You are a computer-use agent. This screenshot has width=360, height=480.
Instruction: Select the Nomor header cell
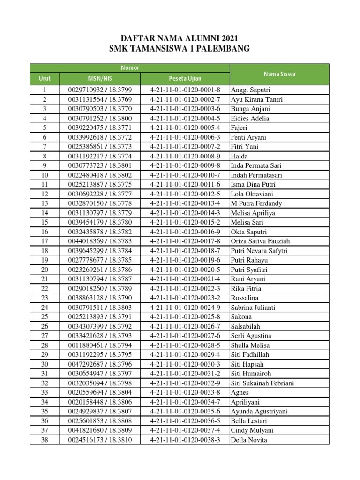(x=129, y=68)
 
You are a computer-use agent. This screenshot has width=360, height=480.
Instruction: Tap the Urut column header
(x=45, y=78)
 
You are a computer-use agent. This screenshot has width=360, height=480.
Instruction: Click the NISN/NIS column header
(x=100, y=78)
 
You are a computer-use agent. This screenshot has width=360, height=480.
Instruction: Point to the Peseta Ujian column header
(x=185, y=78)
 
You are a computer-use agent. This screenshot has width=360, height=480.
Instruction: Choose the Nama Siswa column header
(x=279, y=74)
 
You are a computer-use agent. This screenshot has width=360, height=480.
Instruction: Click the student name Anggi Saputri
(x=251, y=90)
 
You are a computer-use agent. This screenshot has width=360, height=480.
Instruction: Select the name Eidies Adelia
(x=250, y=119)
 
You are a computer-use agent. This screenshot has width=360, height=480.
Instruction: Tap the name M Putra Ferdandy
(x=256, y=203)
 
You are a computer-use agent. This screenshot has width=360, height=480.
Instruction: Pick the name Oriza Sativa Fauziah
(x=261, y=241)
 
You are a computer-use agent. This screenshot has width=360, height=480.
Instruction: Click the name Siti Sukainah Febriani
(x=262, y=383)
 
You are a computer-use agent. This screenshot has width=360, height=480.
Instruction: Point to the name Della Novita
(x=249, y=440)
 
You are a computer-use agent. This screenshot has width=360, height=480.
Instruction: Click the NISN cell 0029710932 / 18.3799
(x=100, y=90)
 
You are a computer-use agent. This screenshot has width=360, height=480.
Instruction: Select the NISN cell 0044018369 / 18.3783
(x=100, y=241)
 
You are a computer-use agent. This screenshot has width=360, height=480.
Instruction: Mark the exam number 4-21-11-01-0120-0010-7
(x=185, y=175)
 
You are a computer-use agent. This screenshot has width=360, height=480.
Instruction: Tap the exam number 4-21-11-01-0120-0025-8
(x=185, y=317)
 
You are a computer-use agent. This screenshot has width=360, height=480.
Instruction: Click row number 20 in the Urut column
(x=45, y=270)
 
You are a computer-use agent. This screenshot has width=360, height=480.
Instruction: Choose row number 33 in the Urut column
(x=45, y=392)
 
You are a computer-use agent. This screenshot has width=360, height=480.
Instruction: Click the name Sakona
(x=241, y=317)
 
